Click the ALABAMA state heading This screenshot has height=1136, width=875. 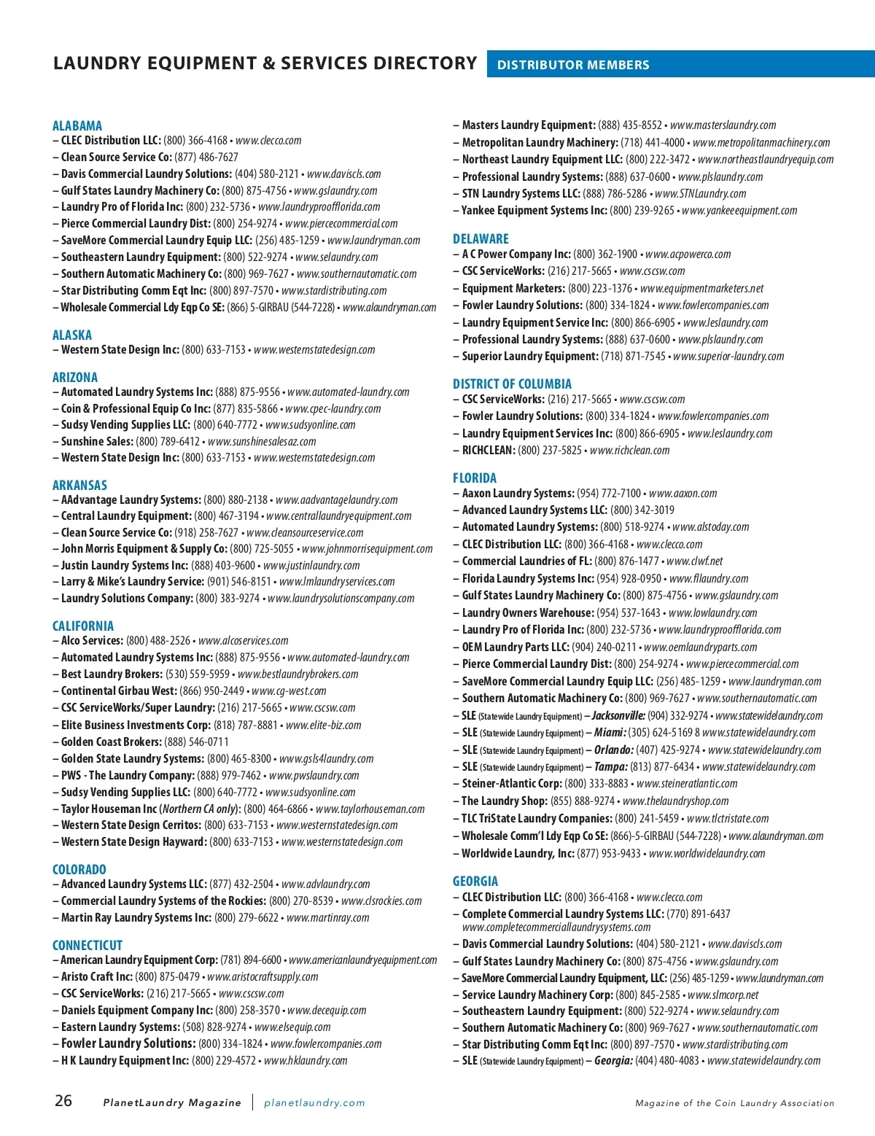[77, 125]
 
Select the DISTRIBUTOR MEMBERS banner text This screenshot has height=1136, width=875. [572, 65]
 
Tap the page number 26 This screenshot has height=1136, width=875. [63, 1100]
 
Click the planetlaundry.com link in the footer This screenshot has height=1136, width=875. [314, 1102]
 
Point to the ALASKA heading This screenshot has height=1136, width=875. [72, 335]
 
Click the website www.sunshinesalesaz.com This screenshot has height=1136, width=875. [262, 441]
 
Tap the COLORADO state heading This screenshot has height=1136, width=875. [79, 869]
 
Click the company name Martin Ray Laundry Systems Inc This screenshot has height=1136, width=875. [136, 917]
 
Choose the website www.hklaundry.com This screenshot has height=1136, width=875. [306, 1060]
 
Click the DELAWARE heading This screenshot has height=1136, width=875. [481, 238]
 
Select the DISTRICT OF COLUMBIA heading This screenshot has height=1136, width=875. [512, 384]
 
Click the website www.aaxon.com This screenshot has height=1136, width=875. [682, 493]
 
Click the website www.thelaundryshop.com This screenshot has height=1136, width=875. [675, 801]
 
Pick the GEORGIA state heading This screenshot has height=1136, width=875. [475, 881]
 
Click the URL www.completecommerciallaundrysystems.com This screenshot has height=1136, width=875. [556, 927]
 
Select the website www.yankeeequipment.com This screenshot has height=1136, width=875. [739, 210]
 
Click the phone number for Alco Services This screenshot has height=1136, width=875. [158, 640]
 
